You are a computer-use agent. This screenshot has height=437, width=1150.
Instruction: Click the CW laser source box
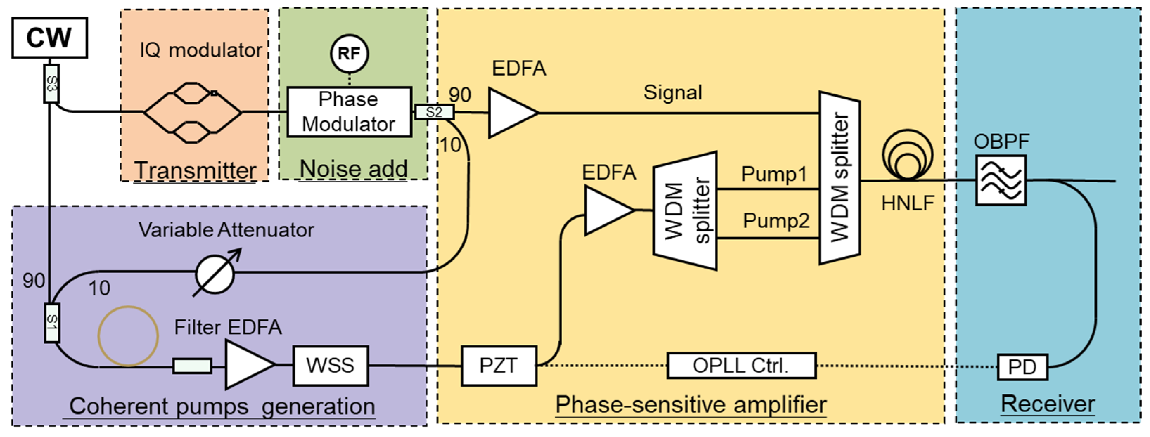pyautogui.click(x=50, y=38)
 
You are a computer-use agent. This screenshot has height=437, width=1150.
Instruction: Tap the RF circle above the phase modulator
pyautogui.click(x=349, y=53)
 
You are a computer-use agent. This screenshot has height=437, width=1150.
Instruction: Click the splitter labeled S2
pyautogui.click(x=434, y=112)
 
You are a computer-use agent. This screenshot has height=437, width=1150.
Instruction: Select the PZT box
pyautogui.click(x=499, y=366)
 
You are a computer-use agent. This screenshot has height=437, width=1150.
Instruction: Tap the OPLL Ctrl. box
pyautogui.click(x=741, y=366)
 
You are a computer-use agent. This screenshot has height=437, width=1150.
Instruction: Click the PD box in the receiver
pyautogui.click(x=1022, y=367)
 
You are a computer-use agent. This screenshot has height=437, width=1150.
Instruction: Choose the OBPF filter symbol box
pyautogui.click(x=1001, y=180)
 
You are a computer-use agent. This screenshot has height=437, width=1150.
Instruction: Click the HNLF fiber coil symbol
pyautogui.click(x=908, y=156)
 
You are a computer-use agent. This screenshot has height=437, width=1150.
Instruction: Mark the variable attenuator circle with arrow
pyautogui.click(x=215, y=274)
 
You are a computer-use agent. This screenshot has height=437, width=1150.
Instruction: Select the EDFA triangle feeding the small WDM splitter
pyautogui.click(x=606, y=210)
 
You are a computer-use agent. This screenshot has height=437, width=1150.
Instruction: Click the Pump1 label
pyautogui.click(x=774, y=174)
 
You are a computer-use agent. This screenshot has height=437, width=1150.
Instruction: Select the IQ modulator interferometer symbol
pyautogui.click(x=192, y=112)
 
